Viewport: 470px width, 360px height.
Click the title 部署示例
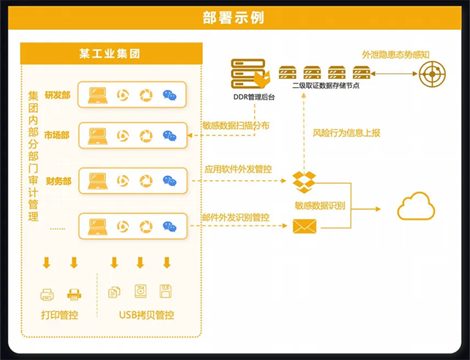(234, 17)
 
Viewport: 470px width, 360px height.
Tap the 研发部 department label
(58, 95)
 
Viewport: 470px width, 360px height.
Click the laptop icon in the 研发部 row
(98, 95)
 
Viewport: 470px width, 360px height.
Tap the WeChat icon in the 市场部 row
(170, 135)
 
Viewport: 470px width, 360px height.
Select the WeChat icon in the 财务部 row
(170, 181)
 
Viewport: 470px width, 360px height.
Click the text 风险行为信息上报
(346, 133)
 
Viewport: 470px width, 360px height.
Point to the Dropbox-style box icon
(304, 181)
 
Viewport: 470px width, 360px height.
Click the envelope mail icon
(302, 226)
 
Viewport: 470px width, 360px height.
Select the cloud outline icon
(416, 206)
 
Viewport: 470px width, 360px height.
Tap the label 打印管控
(59, 315)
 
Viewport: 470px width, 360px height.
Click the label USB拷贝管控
(146, 315)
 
